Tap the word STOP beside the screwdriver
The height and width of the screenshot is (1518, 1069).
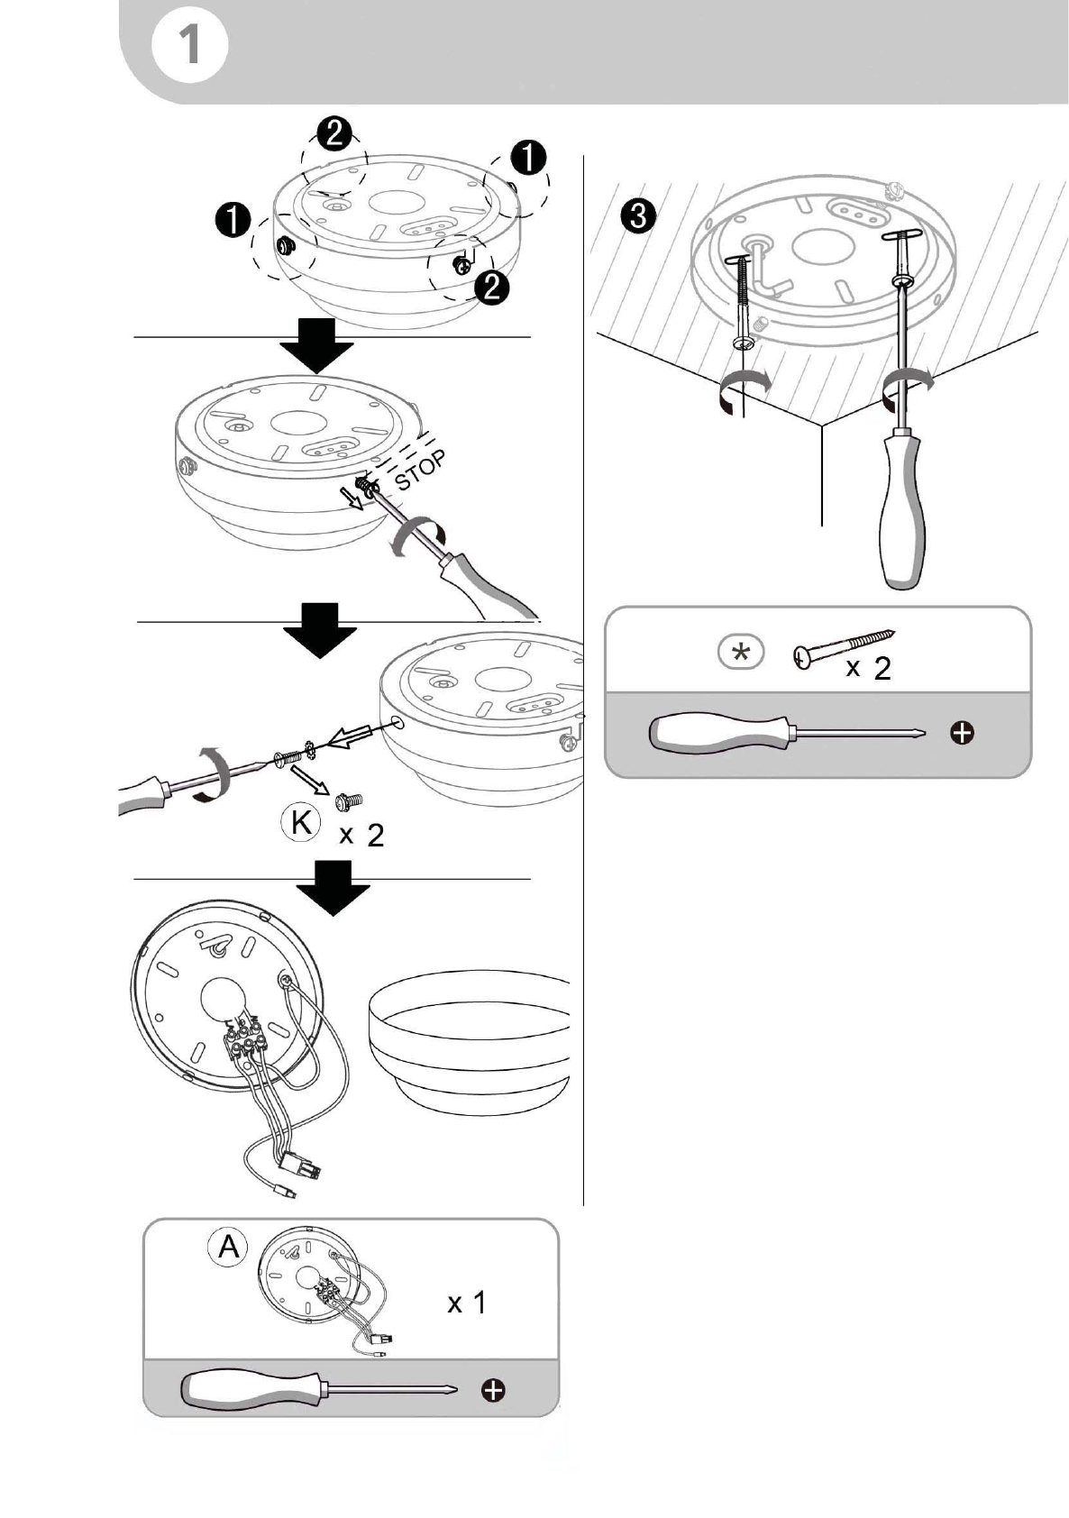pos(420,469)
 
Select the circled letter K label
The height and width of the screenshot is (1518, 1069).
pos(301,823)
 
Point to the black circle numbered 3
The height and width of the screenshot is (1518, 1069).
pos(637,217)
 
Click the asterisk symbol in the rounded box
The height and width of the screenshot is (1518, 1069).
pos(741,653)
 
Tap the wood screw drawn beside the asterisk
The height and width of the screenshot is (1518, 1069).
pos(843,649)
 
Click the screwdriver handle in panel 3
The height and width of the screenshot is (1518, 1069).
pos(901,512)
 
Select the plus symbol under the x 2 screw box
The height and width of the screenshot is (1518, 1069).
pos(962,733)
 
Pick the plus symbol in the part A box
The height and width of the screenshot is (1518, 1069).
pos(492,1391)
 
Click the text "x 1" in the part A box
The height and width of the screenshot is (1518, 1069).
pos(467,1303)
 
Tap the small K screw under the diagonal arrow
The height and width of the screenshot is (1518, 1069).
pos(349,801)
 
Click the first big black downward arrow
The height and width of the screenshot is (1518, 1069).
pos(317,345)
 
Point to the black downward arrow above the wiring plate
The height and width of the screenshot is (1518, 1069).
pos(333,888)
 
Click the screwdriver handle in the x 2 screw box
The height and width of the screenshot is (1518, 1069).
pos(720,732)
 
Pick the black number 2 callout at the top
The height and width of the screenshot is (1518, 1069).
pos(334,133)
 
